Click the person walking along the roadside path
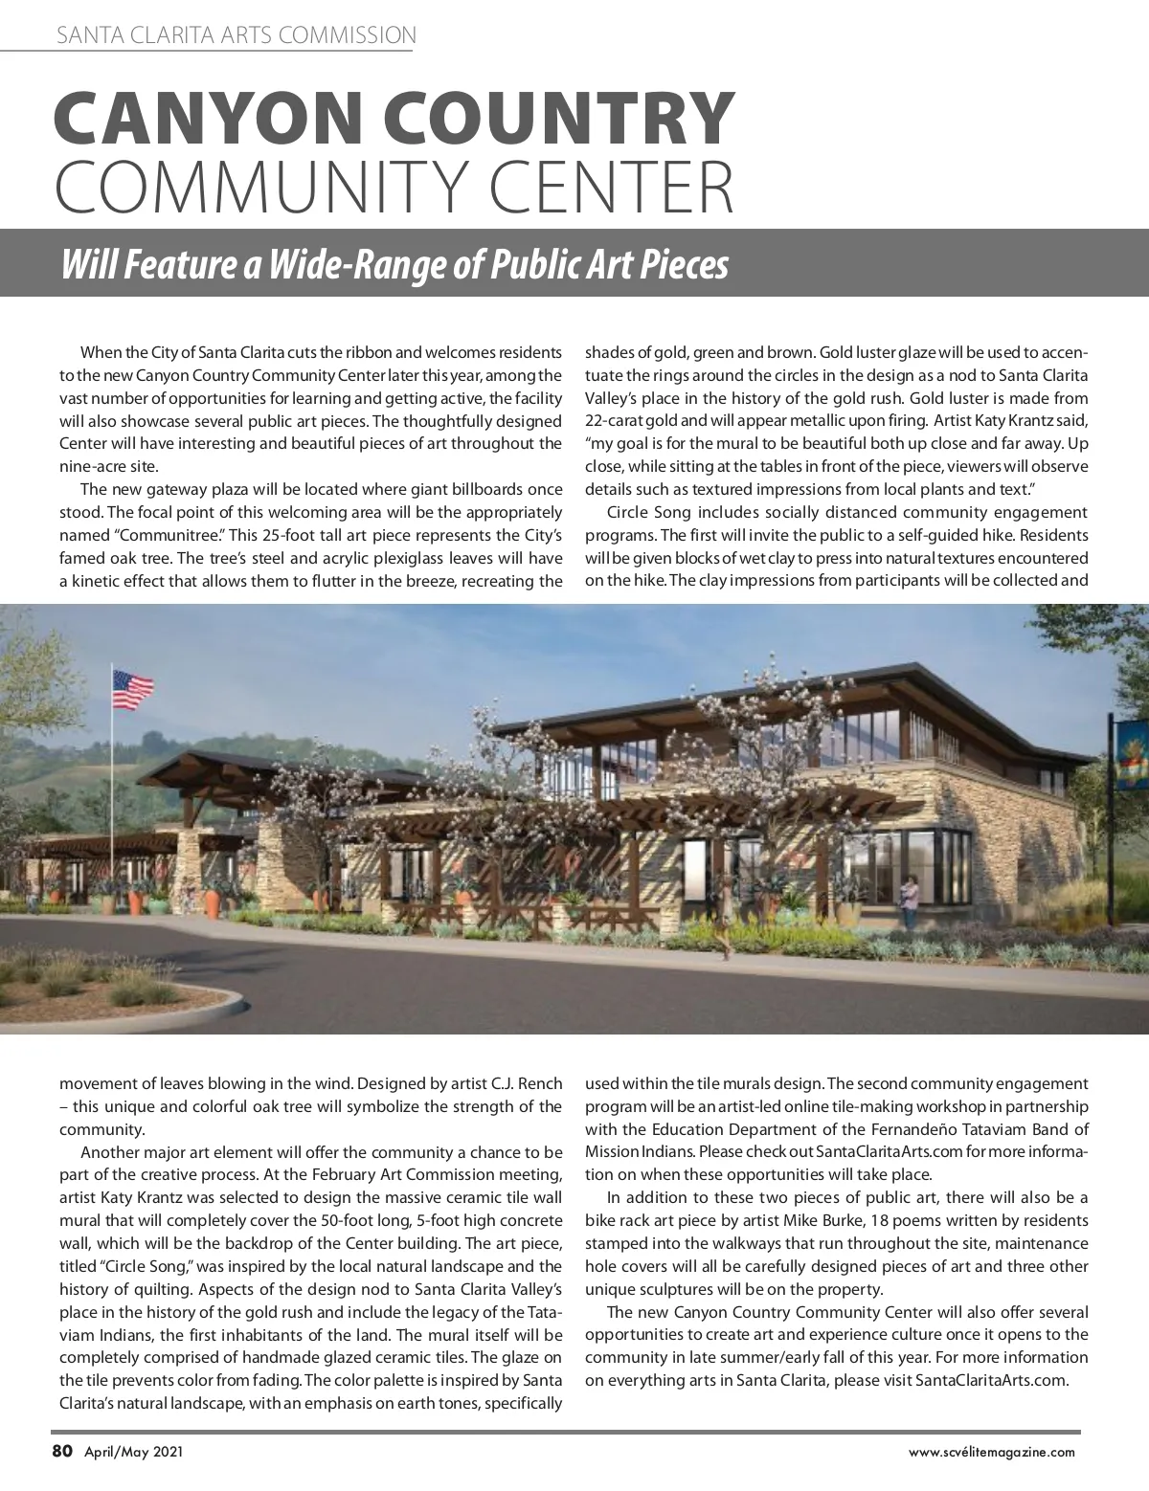[x=728, y=924]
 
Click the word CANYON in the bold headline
[x=210, y=119]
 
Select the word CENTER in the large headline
[x=613, y=189]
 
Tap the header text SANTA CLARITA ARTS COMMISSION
[x=236, y=36]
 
